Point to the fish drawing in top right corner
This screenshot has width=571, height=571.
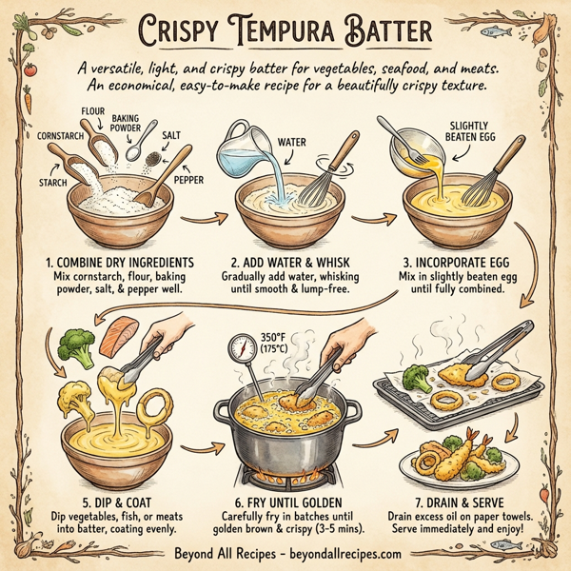click(x=496, y=30)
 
